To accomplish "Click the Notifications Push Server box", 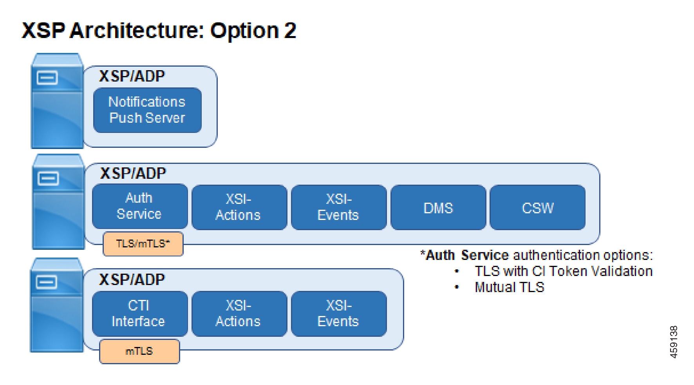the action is [147, 110].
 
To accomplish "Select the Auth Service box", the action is [140, 207].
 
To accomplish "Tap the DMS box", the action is [438, 207].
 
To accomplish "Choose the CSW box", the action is [538, 207].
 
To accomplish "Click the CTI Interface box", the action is [140, 314].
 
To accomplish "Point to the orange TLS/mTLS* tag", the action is [143, 244].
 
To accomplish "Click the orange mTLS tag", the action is [139, 351].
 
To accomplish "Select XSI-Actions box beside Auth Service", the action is [239, 207].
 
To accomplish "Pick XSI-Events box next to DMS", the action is [339, 207].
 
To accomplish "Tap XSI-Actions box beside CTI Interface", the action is [239, 314].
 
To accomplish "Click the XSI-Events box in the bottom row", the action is [339, 314].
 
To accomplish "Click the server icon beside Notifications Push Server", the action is [57, 101].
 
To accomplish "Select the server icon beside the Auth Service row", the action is [58, 202].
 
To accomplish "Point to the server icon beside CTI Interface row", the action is [57, 305].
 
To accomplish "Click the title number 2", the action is [290, 31].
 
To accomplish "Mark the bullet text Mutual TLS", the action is [509, 287].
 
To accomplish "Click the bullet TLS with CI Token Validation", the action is [564, 271].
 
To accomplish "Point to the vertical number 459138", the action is [674, 342].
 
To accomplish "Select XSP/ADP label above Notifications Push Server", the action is [132, 76].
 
